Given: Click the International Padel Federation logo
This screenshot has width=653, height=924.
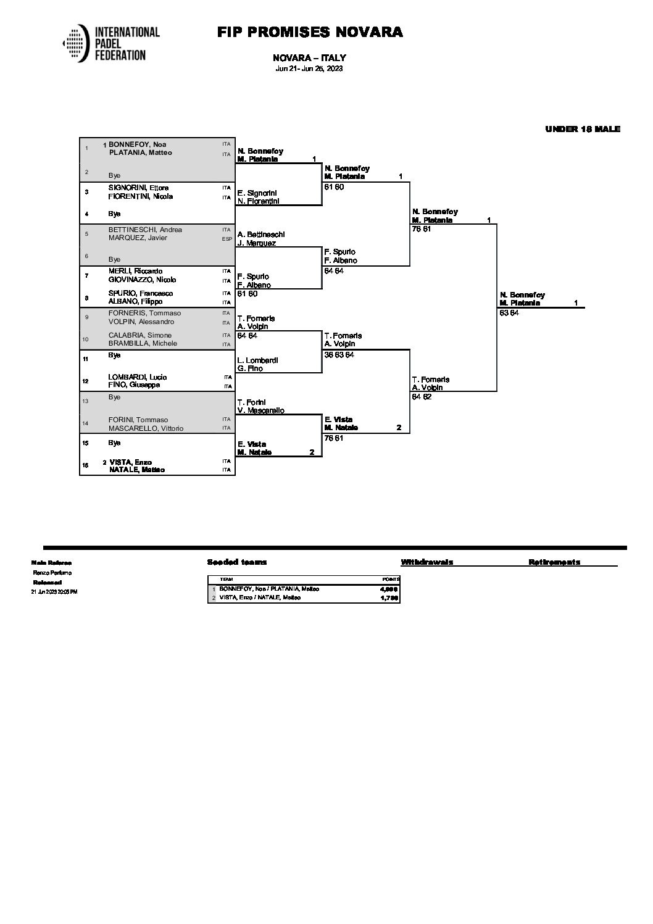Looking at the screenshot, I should (x=111, y=43).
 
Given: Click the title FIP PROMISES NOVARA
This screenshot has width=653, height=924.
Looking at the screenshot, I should (x=310, y=32).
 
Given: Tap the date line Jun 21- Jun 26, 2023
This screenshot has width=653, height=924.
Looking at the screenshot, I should (x=309, y=69).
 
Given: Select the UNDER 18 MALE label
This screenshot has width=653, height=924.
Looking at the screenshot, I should (x=582, y=129).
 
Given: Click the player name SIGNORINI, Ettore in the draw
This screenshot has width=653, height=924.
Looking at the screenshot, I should (x=138, y=188).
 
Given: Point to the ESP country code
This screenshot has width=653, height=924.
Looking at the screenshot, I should (x=227, y=238).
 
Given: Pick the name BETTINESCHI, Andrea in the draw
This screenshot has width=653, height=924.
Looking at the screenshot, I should (x=145, y=230).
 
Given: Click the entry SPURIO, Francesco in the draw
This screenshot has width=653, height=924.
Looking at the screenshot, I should (x=141, y=293).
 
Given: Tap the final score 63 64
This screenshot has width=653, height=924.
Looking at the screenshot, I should (x=510, y=313).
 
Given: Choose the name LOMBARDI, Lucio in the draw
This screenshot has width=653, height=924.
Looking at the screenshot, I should (x=138, y=377).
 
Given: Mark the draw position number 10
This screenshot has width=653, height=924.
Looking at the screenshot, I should (x=86, y=339).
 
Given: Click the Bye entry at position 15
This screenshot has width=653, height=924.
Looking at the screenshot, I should (x=114, y=443).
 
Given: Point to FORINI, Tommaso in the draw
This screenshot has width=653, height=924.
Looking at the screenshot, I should (x=138, y=420).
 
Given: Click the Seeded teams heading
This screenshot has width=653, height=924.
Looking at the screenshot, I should (x=237, y=562).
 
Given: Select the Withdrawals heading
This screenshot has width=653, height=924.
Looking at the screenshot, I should (x=426, y=562).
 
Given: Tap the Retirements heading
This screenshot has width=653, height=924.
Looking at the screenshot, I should (x=554, y=562).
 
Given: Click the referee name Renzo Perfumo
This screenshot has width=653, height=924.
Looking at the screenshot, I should (x=52, y=573).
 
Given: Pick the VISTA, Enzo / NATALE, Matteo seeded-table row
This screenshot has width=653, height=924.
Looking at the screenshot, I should (x=269, y=597).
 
